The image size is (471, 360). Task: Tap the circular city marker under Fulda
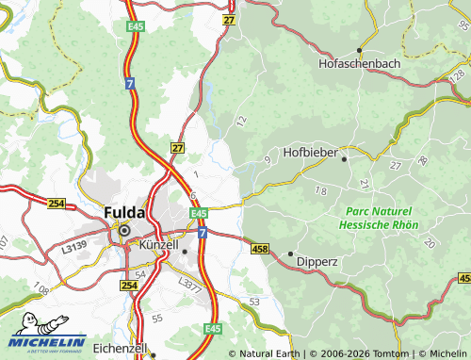pos(122,227)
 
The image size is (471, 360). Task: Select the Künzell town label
pos(157,245)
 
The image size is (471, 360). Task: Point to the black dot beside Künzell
pos(186,252)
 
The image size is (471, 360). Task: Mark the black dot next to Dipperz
pos(290,254)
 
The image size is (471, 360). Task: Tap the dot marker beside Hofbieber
pos(345,159)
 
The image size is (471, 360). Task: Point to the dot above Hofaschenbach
pos(358,51)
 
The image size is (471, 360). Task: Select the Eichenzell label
pos(118,348)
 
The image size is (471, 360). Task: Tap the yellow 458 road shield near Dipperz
pos(260,248)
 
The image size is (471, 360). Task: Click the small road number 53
pos(254,301)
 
